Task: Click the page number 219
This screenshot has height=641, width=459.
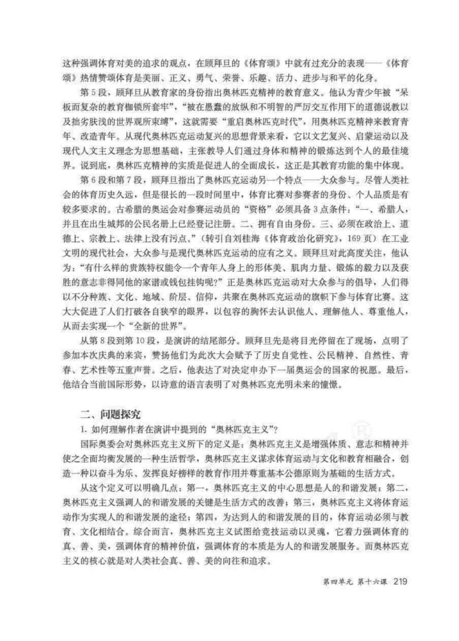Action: [x=401, y=581]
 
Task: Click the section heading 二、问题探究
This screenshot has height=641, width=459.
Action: [x=111, y=414]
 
